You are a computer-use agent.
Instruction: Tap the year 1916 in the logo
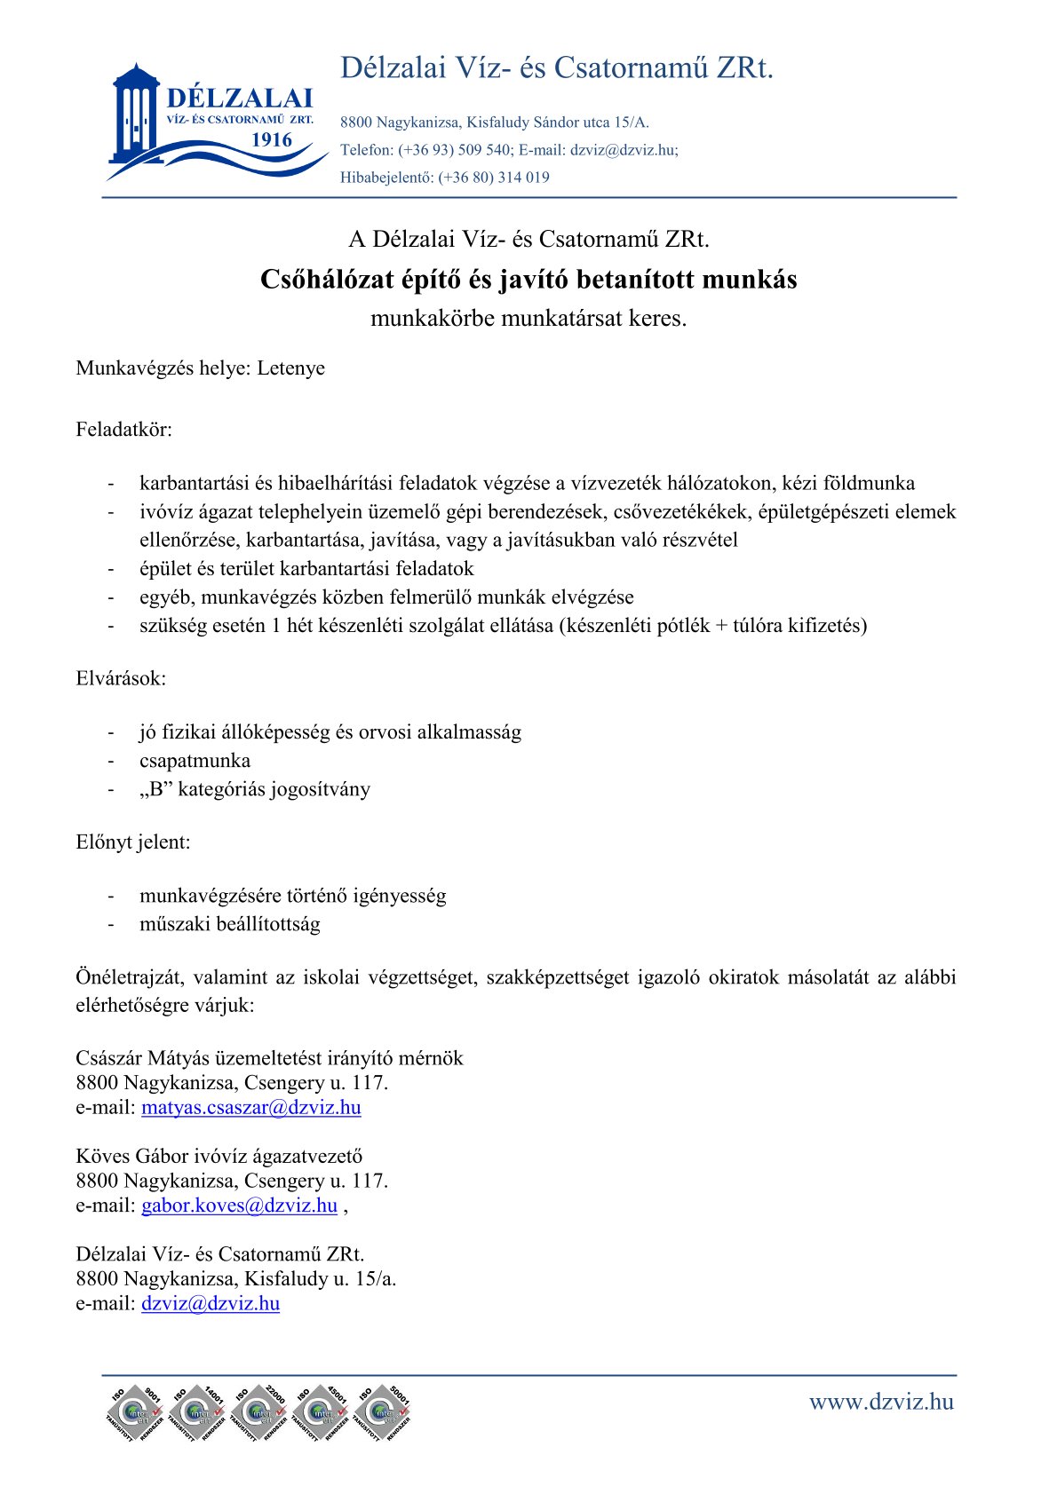272,139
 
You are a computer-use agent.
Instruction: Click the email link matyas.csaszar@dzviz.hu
250,1107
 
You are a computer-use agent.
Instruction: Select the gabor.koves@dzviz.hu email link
239,1205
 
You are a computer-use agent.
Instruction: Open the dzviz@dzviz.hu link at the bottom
211,1303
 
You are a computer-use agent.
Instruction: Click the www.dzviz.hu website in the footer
880,1402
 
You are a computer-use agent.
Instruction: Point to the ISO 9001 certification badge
135,1411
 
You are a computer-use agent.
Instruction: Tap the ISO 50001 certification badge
383,1411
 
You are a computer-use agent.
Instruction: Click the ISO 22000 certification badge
259,1411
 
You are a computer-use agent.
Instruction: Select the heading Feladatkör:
123,430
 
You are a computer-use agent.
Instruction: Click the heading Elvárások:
121,678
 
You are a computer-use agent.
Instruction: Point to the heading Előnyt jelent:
133,842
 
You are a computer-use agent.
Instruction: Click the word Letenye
291,368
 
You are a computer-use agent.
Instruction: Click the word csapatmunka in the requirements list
195,761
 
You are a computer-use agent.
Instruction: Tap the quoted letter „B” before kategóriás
156,789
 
